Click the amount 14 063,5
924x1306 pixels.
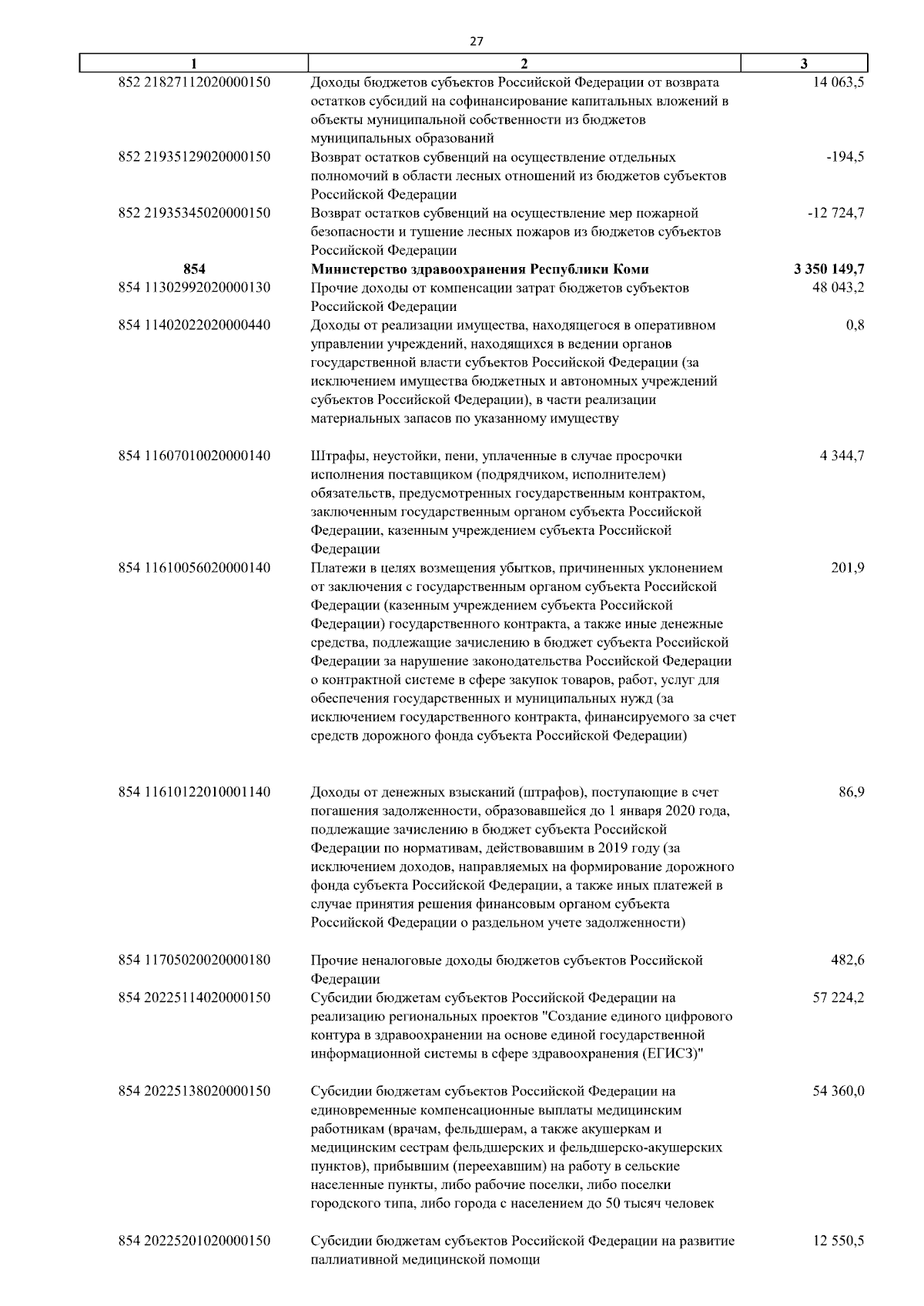pos(838,82)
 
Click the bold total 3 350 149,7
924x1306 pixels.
pos(828,269)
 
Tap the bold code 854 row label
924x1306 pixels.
pos(194,269)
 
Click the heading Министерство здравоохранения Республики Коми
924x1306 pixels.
pos(480,269)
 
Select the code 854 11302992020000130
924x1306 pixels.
pos(194,288)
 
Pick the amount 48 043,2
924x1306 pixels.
pos(838,288)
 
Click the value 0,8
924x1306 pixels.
pos(855,326)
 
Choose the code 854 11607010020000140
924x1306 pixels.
pos(194,456)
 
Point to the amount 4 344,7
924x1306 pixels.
pos(842,456)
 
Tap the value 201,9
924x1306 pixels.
pos(848,569)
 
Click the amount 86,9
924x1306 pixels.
pos(851,792)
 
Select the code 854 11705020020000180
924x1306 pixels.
pos(194,960)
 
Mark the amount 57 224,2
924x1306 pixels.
pos(838,998)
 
